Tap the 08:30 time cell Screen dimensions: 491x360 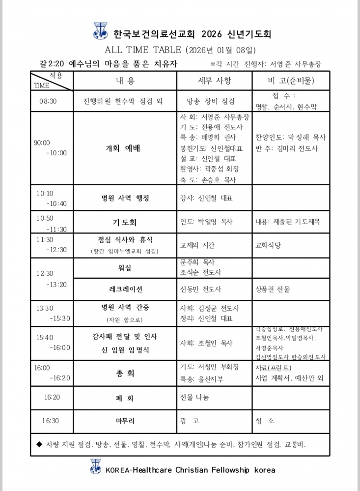[48, 101]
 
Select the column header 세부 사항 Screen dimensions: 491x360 [214, 81]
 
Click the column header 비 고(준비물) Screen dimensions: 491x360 [291, 81]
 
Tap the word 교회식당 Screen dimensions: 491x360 [268, 245]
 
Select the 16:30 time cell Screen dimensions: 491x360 [50, 421]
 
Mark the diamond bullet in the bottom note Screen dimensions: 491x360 [39, 444]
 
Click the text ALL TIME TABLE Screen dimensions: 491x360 [142, 50]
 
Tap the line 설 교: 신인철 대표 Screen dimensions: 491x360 [208, 159]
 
